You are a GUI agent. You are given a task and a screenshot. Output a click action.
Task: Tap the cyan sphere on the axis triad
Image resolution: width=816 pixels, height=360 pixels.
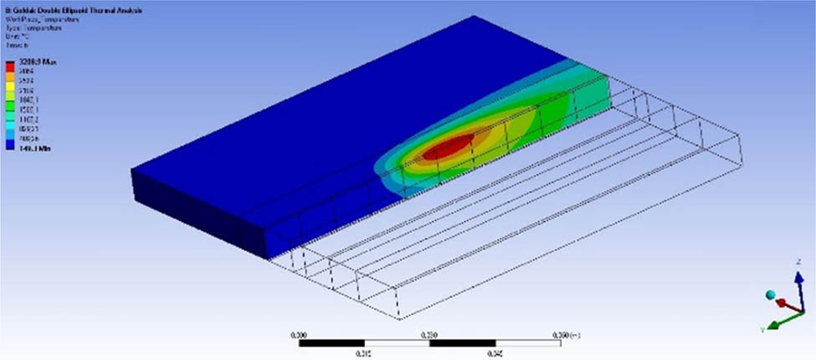pos(771,294)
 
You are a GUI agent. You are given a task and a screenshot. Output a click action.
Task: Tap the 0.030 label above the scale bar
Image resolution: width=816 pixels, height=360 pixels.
pos(431,333)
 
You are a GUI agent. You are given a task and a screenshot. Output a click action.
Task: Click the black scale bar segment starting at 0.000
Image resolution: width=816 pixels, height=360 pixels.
pos(331,342)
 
